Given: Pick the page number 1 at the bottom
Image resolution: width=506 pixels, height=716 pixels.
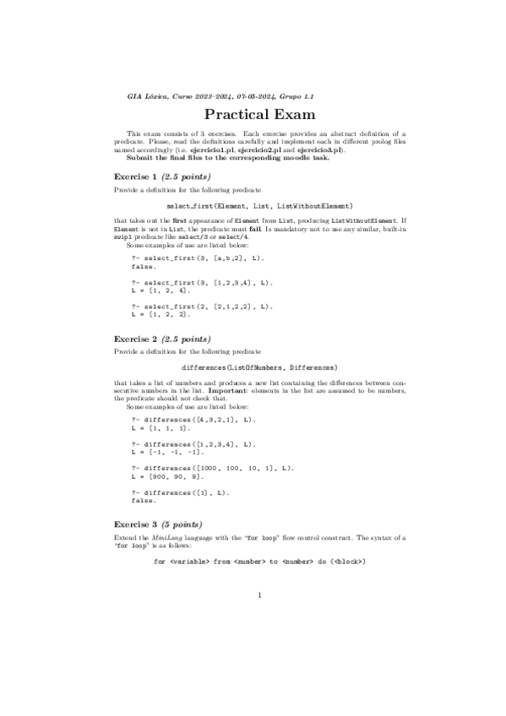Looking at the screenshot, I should click(x=260, y=596).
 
